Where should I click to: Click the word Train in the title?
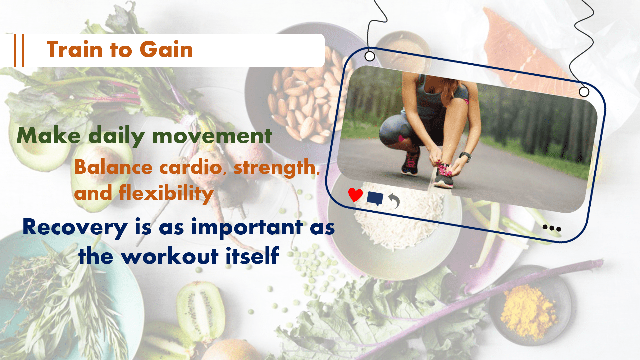tap(74, 49)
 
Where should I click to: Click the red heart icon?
tap(355, 195)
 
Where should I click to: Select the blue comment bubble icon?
tap(375, 199)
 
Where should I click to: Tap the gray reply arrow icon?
tap(394, 201)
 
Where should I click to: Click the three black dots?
tap(552, 228)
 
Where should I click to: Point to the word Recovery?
tap(75, 228)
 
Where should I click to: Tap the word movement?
tap(212, 136)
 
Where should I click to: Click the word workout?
tap(170, 256)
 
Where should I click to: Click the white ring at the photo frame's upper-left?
tap(370, 56)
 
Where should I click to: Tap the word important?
tap(247, 228)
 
